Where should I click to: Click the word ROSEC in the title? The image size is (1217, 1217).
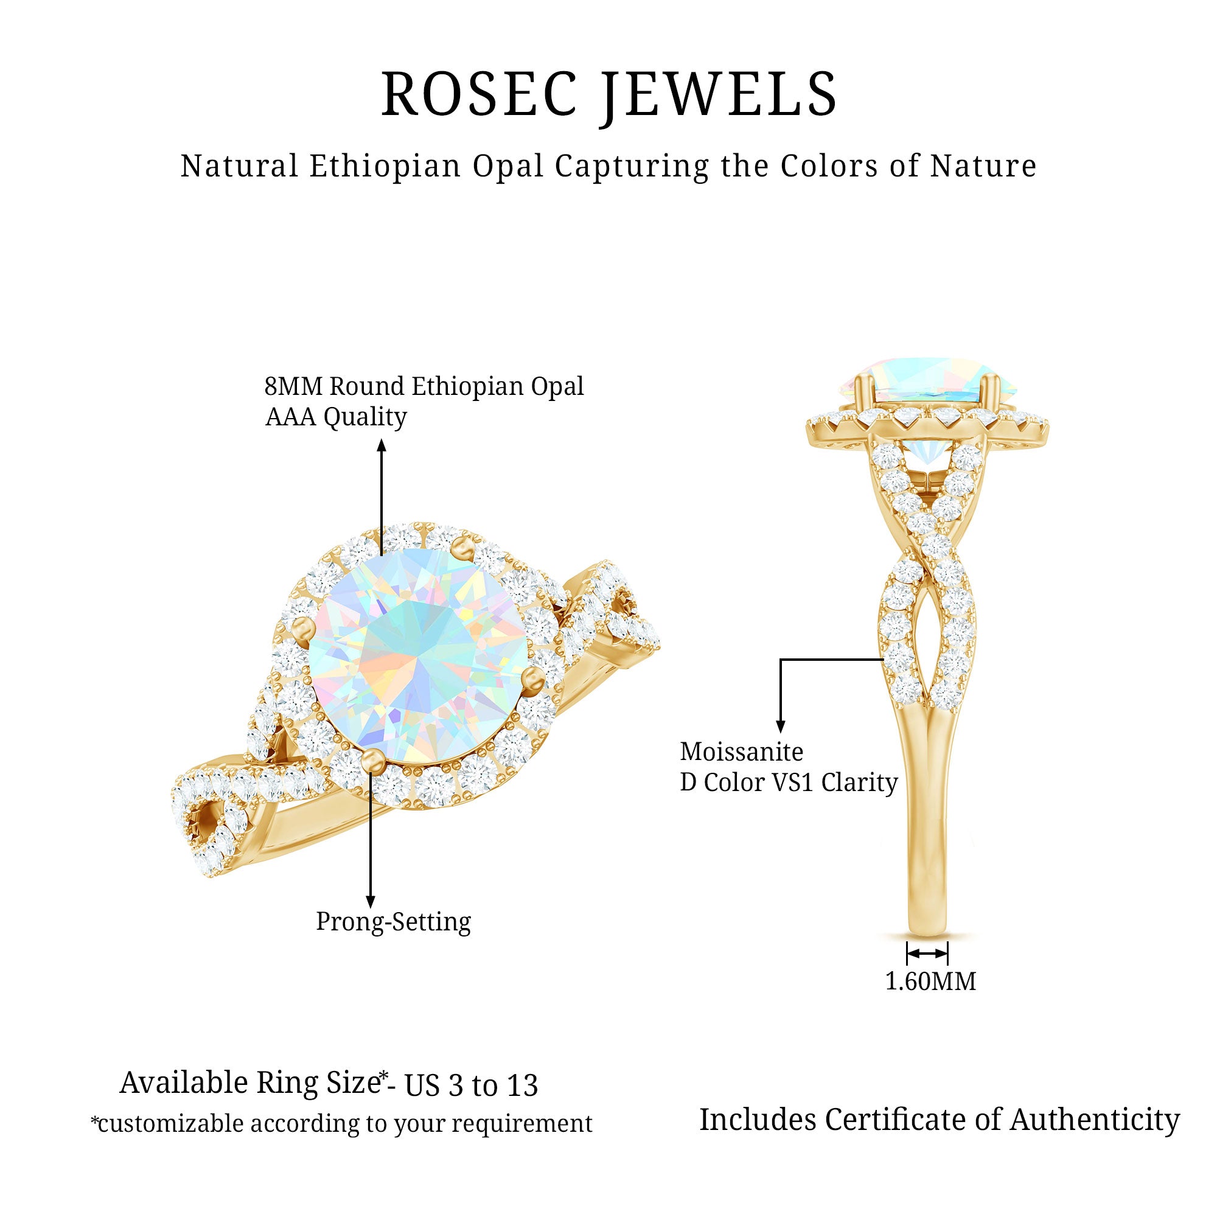[479, 94]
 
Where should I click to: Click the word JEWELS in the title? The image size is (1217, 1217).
[717, 96]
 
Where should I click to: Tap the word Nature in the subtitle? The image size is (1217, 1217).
[983, 166]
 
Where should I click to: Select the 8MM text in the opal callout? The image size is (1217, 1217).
[293, 386]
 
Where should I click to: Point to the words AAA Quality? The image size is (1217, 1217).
[336, 417]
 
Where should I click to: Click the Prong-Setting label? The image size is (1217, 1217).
[393, 921]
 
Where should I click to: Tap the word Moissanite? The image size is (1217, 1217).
[741, 752]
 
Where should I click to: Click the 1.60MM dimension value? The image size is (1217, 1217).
[930, 982]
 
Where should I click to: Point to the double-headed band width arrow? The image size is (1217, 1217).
[927, 954]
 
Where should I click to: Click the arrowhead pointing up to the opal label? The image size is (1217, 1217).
[382, 446]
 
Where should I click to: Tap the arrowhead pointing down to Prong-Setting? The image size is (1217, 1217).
[371, 901]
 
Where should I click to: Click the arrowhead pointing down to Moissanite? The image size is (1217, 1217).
[781, 727]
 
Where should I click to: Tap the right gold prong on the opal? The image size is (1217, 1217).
[534, 678]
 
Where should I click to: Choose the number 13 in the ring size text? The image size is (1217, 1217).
[522, 1086]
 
